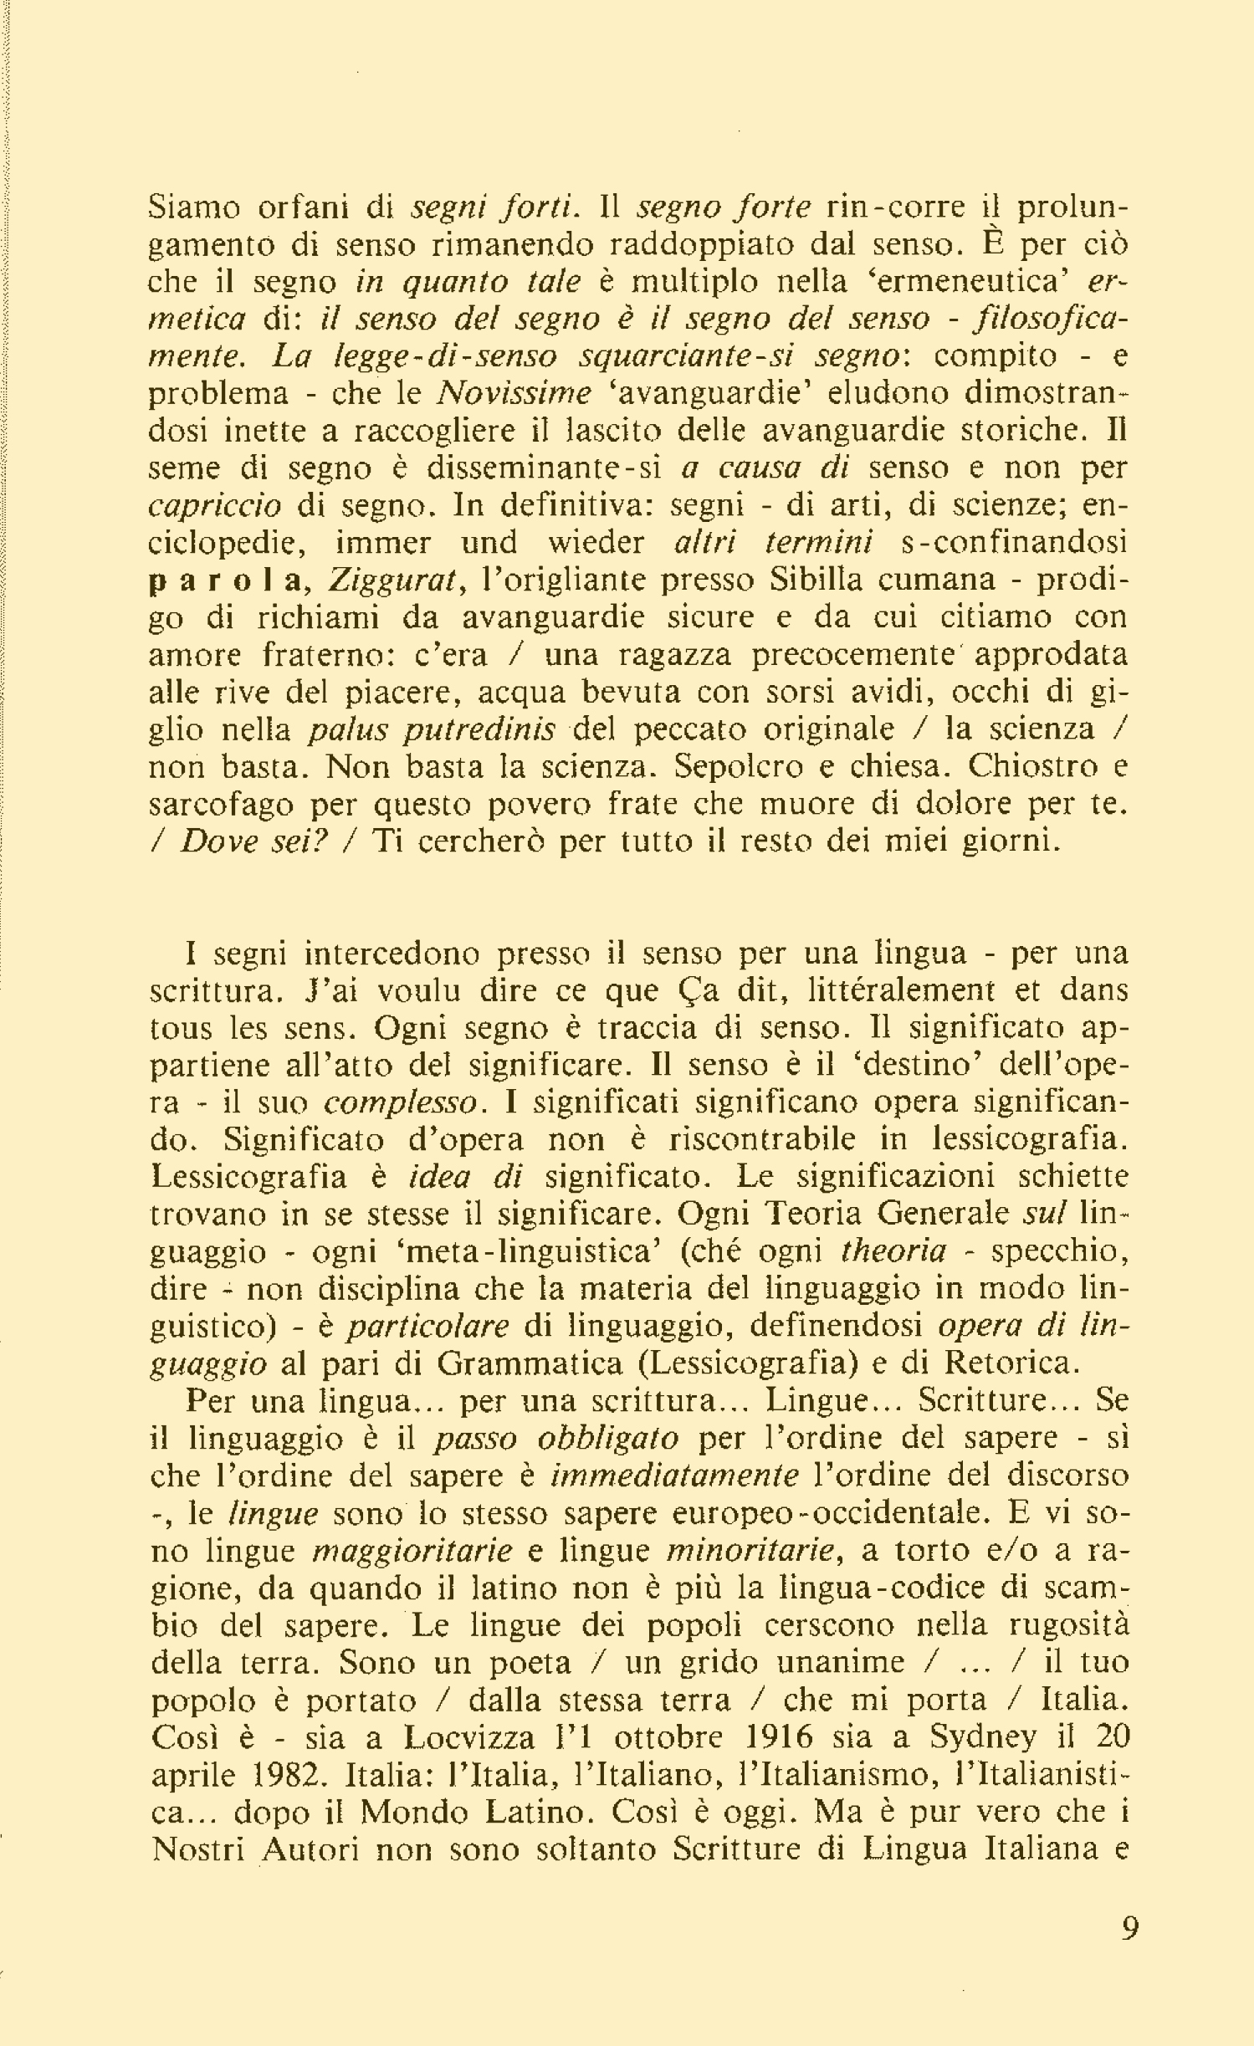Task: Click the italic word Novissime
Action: click(515, 393)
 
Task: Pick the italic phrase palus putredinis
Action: click(433, 730)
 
